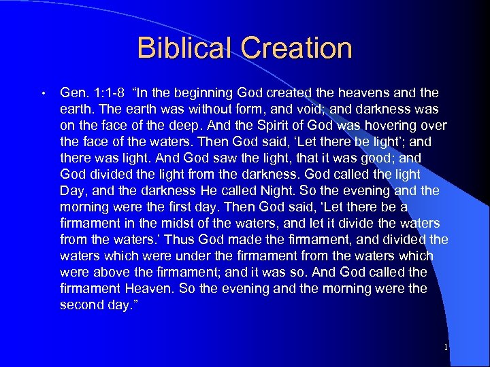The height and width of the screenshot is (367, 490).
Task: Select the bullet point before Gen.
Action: pos(42,93)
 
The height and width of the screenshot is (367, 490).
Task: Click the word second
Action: pos(83,304)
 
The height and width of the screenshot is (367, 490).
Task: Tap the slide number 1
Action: pos(445,347)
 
